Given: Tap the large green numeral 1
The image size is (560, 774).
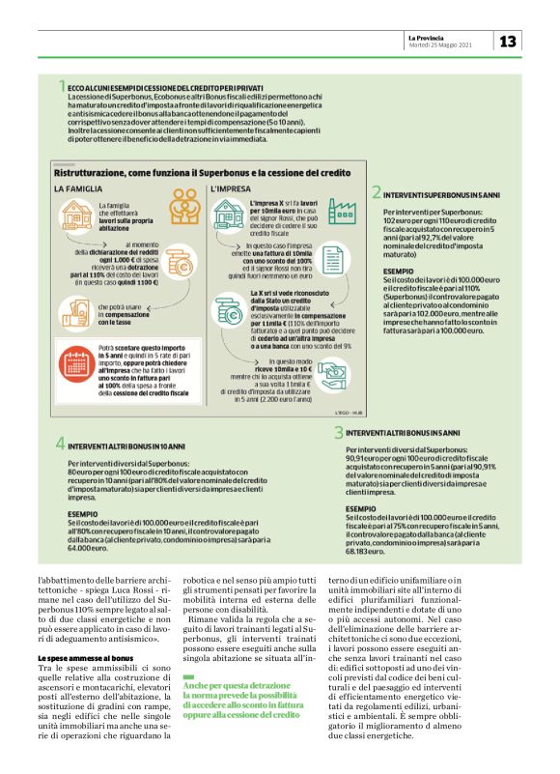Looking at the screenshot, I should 62,88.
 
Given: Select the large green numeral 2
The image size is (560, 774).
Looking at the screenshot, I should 377,193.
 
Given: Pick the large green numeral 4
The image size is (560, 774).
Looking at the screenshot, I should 60,444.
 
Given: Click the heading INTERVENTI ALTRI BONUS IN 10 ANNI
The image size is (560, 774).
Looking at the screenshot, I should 128,444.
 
